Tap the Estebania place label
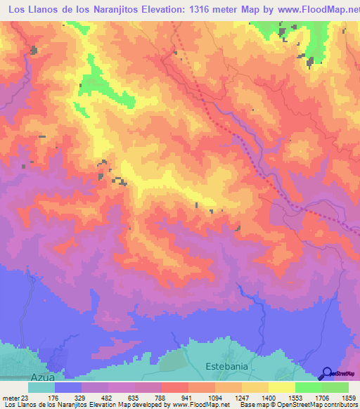(x=227, y=367)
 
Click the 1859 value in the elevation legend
(x=347, y=398)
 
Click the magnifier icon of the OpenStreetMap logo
(x=327, y=374)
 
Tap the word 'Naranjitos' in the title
(x=117, y=11)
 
